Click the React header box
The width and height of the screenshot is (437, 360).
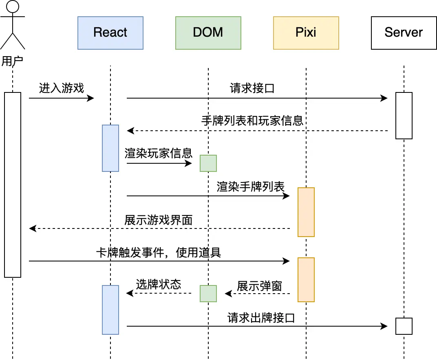coord(110,33)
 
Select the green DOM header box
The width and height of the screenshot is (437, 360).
coord(208,33)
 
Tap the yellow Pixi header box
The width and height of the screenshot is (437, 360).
coord(306,33)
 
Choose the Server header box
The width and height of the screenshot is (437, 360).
coord(404,33)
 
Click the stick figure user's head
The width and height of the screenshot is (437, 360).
coord(13,7)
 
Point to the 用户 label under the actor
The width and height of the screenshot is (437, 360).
coord(12,61)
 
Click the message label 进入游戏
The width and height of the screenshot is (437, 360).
coord(61,88)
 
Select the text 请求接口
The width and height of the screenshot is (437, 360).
coord(252,88)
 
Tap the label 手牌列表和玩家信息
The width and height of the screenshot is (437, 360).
coord(252,121)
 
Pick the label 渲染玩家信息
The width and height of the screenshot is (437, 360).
coord(158,154)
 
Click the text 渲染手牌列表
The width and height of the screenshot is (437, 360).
coord(250,187)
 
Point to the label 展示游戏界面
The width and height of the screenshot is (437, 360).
coord(158,220)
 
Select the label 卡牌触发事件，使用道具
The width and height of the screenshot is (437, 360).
coord(158,253)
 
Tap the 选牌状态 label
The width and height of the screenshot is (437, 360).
coord(158,285)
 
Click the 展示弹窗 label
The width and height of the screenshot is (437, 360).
coord(259,286)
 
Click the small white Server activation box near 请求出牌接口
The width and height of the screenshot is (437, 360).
coord(404,326)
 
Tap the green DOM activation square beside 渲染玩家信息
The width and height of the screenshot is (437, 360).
coord(208,163)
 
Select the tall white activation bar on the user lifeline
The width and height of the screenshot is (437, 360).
coord(13,185)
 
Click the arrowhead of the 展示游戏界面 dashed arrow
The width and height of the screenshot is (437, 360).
coord(32,228)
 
